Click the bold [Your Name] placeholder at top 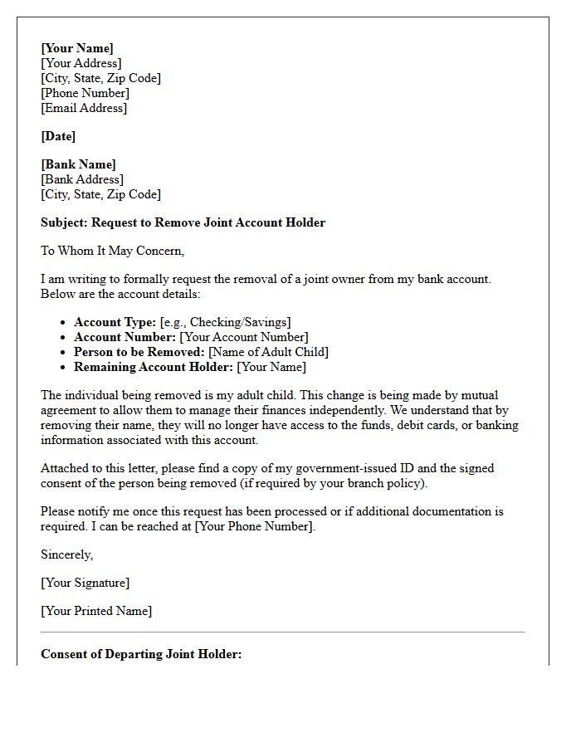coord(77,48)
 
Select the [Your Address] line coord(81,63)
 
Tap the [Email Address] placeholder coord(84,108)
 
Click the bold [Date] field coord(58,136)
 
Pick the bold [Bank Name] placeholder coord(79,164)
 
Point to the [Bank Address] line coord(82,179)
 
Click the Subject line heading coord(183,222)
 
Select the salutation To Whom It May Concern coord(112,251)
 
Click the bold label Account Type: coord(115,322)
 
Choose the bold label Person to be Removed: coord(139,352)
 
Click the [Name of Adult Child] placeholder coord(268,352)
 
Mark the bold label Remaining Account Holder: coord(154,367)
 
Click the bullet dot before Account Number coord(64,338)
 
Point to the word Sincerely coord(67,554)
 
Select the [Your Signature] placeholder coord(85,583)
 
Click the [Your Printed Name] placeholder coord(96,611)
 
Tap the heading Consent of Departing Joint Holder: coord(141,654)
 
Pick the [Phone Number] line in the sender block coord(85,93)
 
